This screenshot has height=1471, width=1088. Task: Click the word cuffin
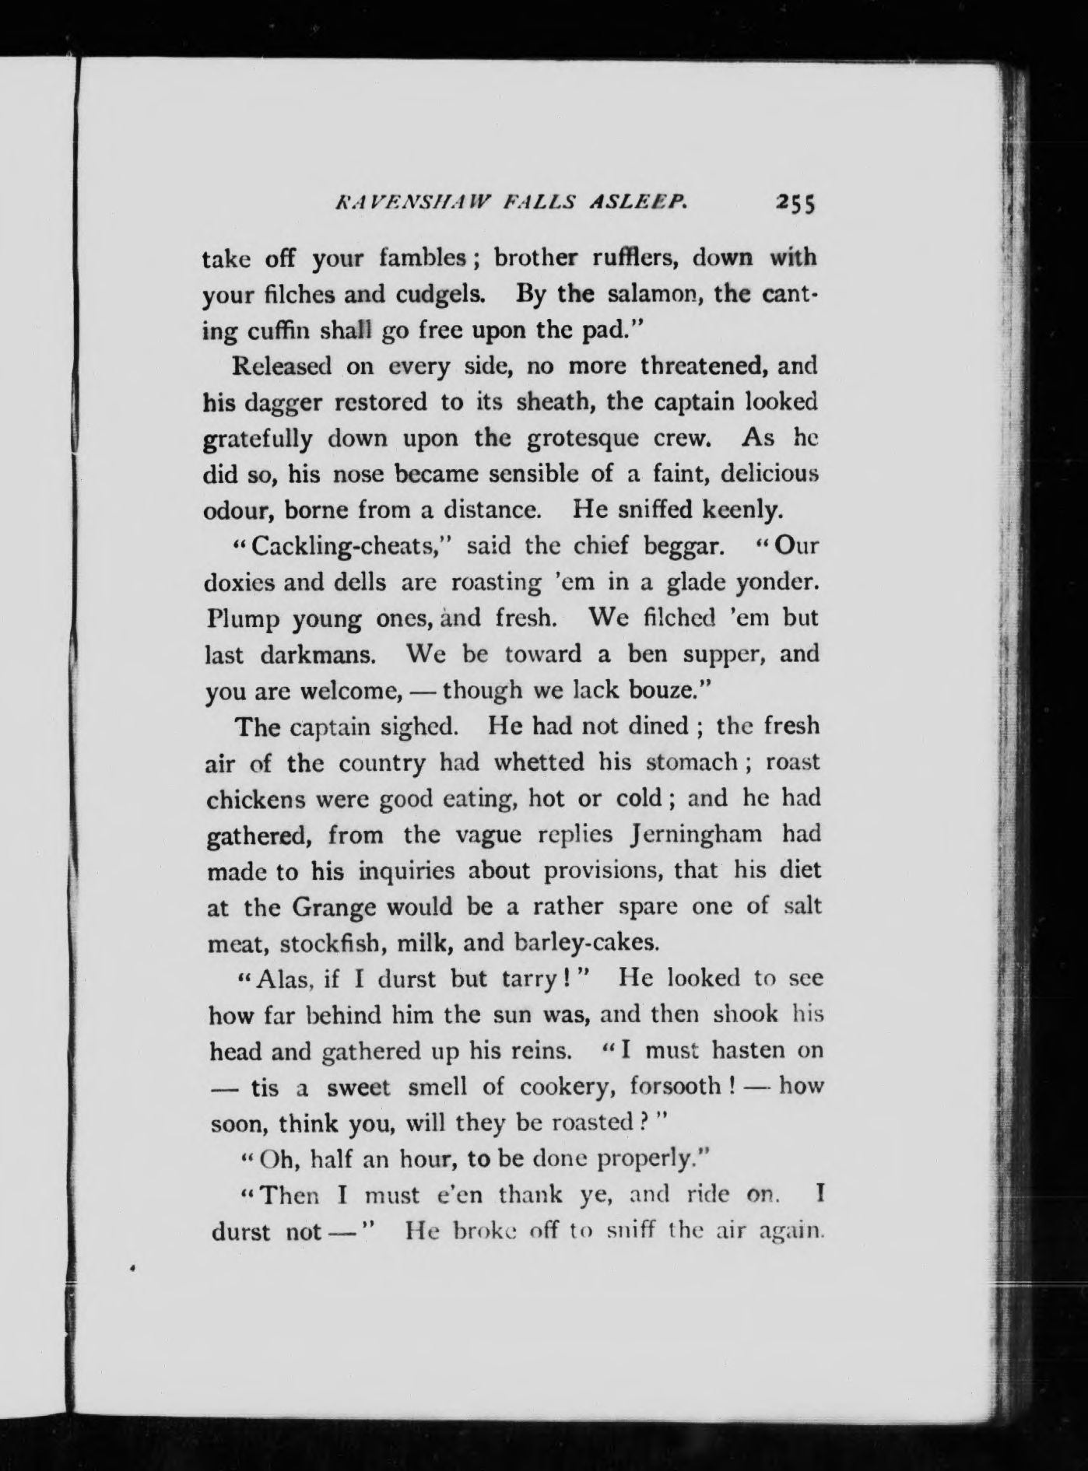tap(295, 330)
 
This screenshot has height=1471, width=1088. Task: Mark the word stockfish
tap(330, 943)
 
